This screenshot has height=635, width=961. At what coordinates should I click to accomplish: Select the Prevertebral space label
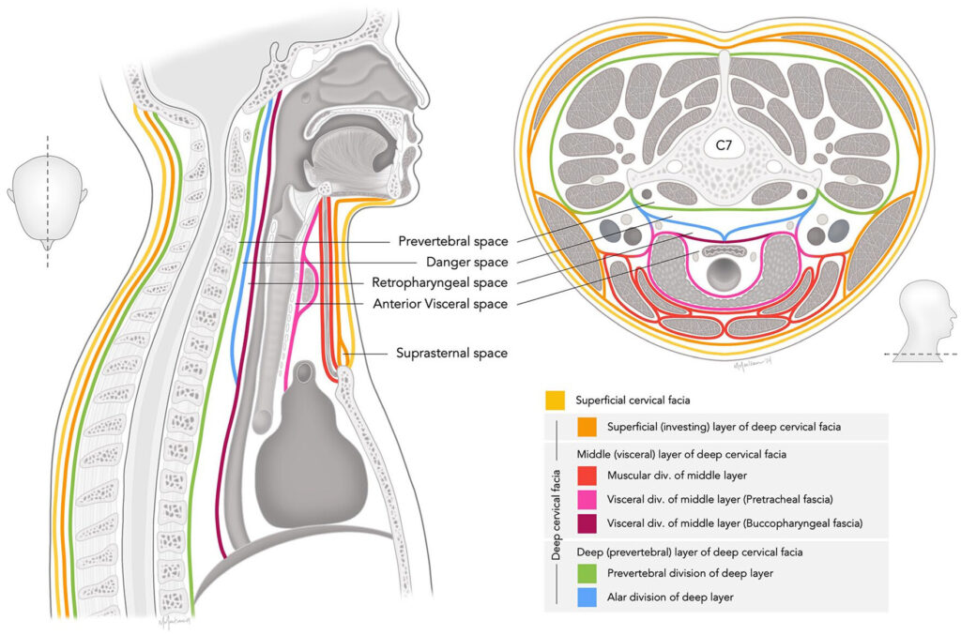tap(452, 241)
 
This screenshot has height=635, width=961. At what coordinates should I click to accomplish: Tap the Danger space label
tap(466, 262)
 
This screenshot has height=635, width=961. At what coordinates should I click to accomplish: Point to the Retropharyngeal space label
tap(439, 282)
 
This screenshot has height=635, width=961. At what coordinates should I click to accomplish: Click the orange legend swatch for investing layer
tap(588, 427)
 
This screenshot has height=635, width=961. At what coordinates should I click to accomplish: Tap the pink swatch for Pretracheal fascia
tap(588, 499)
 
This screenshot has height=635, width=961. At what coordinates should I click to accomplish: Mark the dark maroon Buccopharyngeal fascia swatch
tap(588, 522)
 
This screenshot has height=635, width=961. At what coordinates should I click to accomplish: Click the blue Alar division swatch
tap(588, 597)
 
